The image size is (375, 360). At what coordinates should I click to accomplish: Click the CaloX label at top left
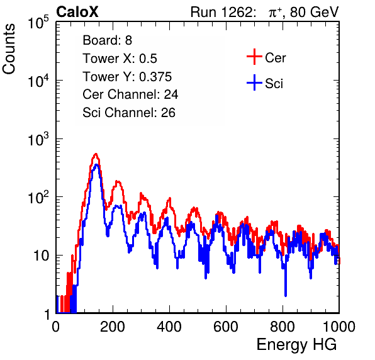coord(77,12)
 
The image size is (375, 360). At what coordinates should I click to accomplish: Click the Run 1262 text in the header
coord(221,12)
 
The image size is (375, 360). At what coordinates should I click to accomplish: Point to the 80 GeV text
coord(314,12)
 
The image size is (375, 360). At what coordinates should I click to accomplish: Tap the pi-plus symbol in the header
coord(275,13)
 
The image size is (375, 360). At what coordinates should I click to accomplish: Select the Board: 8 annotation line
coord(107,40)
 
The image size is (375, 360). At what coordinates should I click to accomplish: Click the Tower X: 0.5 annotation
coord(120,59)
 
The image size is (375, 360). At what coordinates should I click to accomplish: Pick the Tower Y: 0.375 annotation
coord(127,77)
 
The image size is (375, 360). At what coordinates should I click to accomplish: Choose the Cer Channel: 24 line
coord(130,94)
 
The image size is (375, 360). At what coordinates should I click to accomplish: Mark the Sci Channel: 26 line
coord(129,113)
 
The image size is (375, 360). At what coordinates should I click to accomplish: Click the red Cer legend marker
coord(254,57)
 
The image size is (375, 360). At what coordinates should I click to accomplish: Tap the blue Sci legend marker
coord(254,82)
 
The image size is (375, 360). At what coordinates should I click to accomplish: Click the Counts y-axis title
coord(9,49)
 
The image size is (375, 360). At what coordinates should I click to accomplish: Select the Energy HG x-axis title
coord(296,345)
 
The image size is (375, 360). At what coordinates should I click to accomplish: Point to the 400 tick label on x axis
coord(169,327)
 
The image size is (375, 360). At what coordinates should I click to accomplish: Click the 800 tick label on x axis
coord(283,327)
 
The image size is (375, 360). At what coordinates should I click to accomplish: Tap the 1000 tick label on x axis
coord(339,327)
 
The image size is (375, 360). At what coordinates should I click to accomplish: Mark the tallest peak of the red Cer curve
coord(96,154)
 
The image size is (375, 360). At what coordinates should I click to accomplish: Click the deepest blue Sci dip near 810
coord(286,296)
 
